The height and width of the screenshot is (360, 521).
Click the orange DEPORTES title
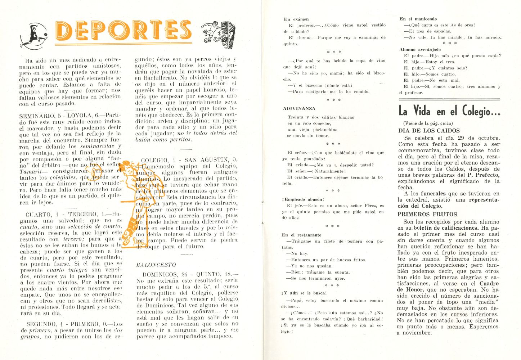[123, 30]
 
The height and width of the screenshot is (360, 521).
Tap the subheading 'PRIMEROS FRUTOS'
[422, 214]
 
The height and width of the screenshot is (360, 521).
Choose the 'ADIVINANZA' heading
[299, 108]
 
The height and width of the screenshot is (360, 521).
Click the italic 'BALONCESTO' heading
[156, 265]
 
